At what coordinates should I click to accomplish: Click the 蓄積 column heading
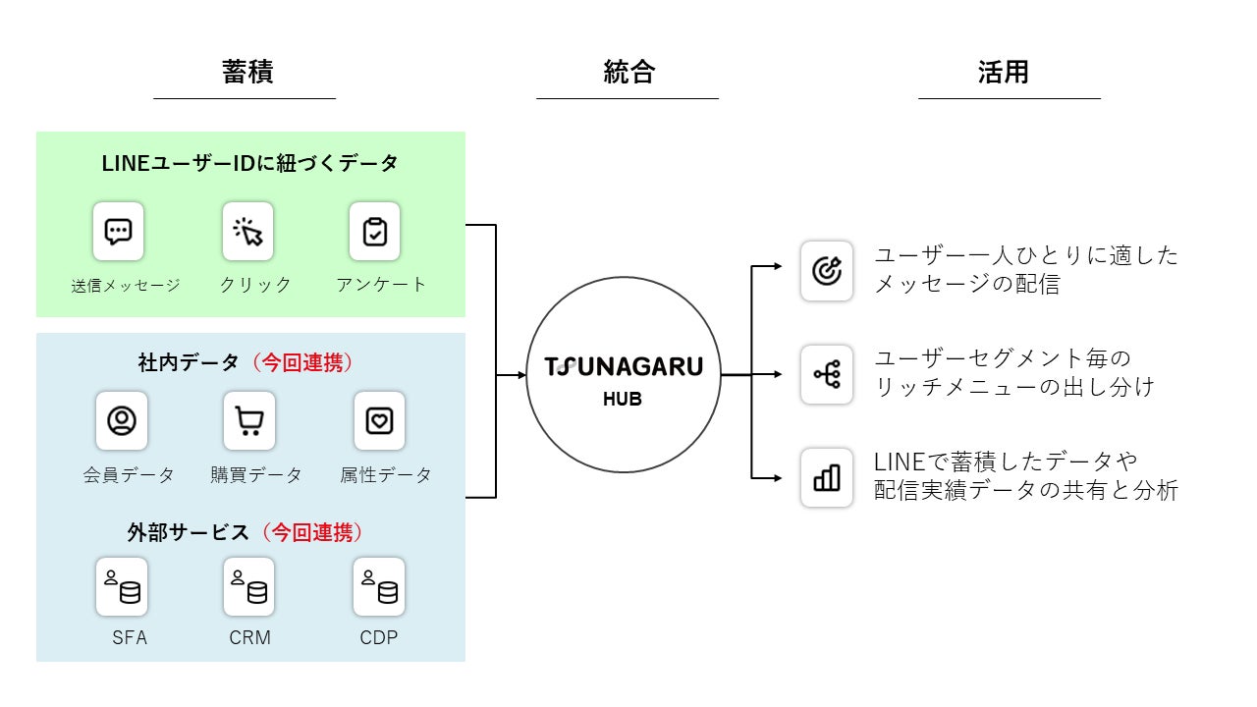246,73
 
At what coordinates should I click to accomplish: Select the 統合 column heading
628,73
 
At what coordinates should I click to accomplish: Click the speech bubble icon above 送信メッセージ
118,232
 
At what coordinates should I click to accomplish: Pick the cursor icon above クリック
247,232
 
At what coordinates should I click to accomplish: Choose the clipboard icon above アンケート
375,232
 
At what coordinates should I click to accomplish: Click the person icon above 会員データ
122,420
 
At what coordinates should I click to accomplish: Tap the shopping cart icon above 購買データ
248,420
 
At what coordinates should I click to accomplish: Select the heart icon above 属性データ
379,420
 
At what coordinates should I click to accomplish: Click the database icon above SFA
122,586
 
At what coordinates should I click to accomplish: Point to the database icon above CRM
248,586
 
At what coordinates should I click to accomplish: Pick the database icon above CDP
379,586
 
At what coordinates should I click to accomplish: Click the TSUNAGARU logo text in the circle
624,367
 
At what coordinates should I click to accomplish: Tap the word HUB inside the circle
623,400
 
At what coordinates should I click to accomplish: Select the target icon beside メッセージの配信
826,270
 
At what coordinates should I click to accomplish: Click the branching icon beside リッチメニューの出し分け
826,374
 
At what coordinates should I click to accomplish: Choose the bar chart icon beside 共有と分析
826,477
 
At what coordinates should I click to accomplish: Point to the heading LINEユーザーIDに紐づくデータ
250,164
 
